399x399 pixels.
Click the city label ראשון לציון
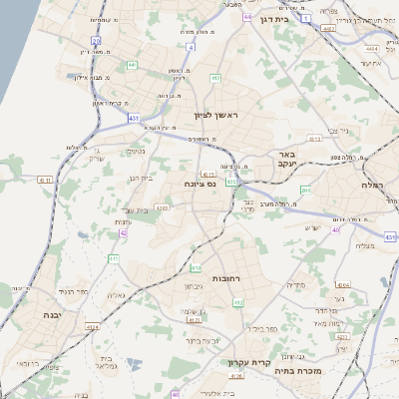(212, 116)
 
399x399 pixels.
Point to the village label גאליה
(116, 296)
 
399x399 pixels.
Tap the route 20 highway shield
(97, 41)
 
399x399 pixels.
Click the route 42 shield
(124, 232)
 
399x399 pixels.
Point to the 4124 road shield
(93, 326)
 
